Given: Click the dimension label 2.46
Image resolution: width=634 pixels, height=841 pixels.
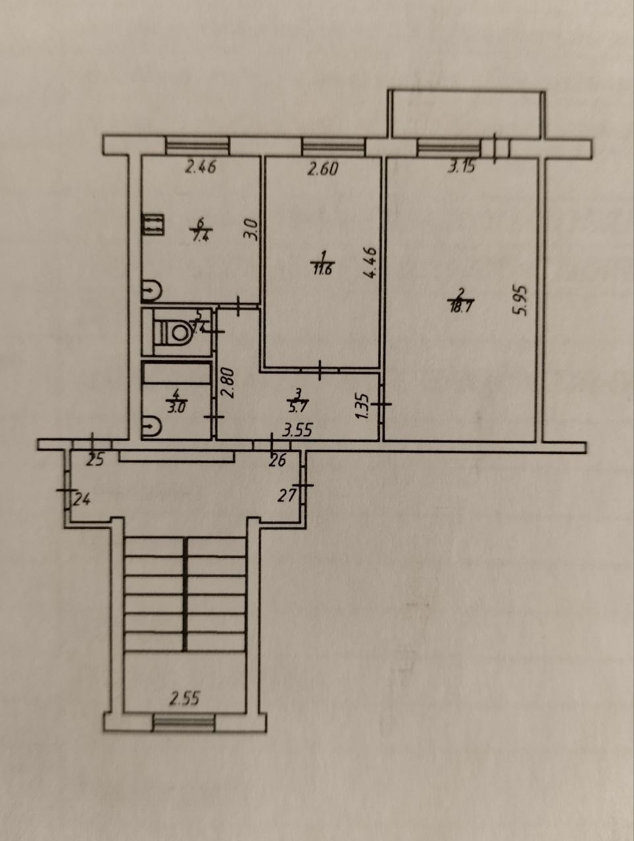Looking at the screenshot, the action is coord(201,168).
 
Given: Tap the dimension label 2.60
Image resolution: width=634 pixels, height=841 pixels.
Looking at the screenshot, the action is coord(323,169).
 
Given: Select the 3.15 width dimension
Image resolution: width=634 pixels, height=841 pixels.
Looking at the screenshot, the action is coord(462,167).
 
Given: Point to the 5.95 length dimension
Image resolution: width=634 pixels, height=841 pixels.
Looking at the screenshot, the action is coord(523,300).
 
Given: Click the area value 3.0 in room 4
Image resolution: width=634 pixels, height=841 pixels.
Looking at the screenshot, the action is coord(178,406).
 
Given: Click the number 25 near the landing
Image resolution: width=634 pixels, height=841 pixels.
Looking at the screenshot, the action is coord(95,460).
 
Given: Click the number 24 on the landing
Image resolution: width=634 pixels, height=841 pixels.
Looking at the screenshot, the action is coord(82,500).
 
